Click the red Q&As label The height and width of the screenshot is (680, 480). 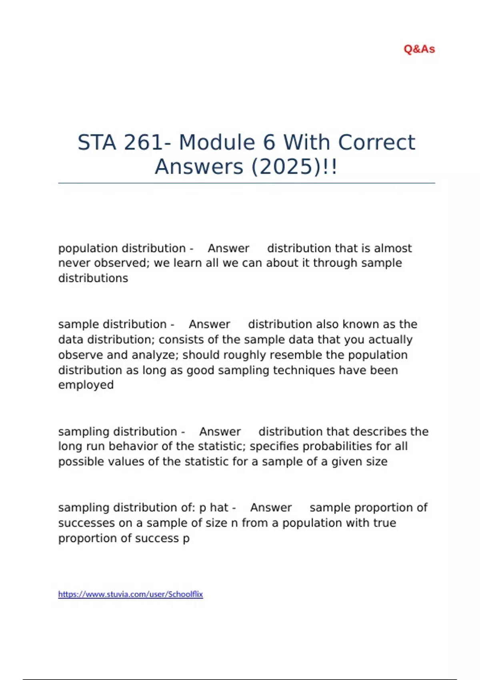[x=419, y=49]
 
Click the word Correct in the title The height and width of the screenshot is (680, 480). [x=377, y=142]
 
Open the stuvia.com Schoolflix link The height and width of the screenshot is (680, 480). [x=130, y=594]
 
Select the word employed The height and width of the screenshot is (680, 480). [x=86, y=385]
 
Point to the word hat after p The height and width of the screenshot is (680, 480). [x=219, y=508]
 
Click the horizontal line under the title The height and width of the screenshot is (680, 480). [x=246, y=183]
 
